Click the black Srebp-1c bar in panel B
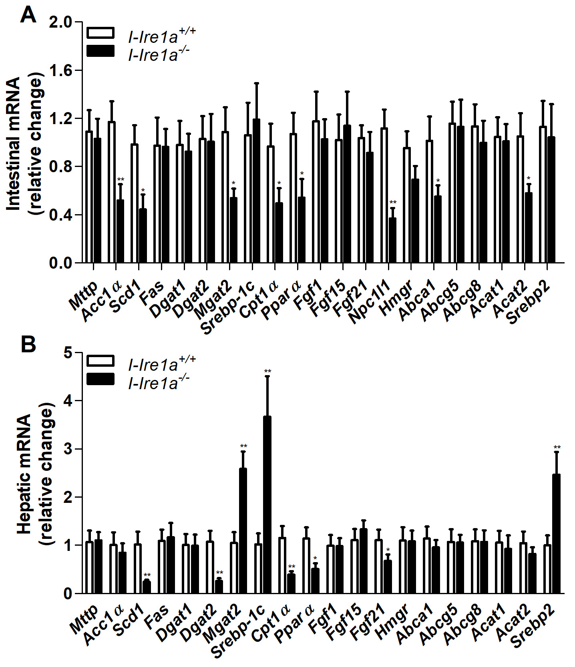(267, 504)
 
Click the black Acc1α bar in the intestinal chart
(120, 231)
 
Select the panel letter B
(28, 344)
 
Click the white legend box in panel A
(101, 33)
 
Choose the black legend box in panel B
(101, 379)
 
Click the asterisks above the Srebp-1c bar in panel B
(267, 371)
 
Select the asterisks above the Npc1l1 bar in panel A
(393, 202)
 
